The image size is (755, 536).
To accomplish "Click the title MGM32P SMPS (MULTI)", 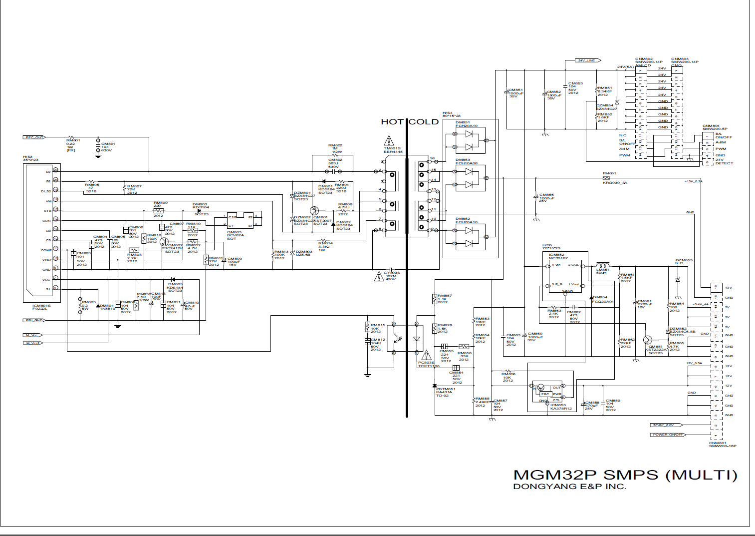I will [x=625, y=475].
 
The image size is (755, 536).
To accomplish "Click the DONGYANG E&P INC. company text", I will [x=569, y=487].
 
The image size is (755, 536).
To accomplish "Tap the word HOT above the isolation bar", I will [x=392, y=122].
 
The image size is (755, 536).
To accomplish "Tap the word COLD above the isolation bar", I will [x=424, y=122].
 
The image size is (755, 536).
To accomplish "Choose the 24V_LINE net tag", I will [x=586, y=60].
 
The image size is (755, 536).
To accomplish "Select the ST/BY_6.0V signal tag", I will [x=664, y=425].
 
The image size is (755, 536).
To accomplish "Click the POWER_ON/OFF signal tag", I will [x=668, y=435].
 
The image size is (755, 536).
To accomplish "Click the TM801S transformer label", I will [x=393, y=150].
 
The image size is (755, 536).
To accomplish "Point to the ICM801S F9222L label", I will [x=41, y=307].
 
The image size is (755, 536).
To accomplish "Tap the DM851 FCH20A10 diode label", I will [x=466, y=124].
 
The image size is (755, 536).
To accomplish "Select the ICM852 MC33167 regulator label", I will [x=558, y=256].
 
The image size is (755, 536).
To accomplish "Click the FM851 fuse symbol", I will [x=606, y=178].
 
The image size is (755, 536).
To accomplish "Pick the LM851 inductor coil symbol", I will [x=603, y=265].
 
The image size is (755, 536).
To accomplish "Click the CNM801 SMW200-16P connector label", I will [x=722, y=444].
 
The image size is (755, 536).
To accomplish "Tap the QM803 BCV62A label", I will [x=235, y=235].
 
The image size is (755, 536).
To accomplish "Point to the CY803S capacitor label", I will [x=392, y=275].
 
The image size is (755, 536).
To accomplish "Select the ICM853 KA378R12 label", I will [x=560, y=407].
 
